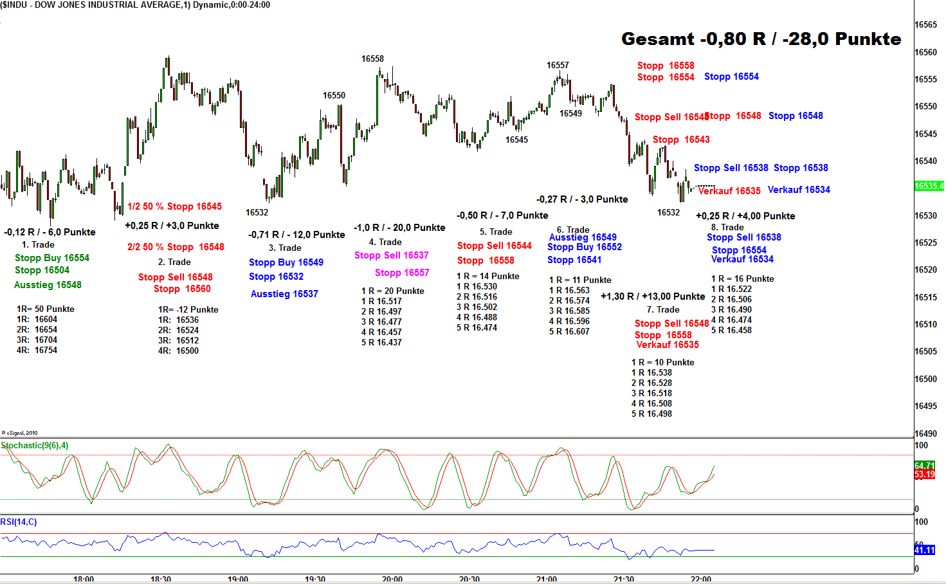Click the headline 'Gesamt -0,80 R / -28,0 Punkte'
pos(761,39)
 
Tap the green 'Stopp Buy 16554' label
pos(52,258)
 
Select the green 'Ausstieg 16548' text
pos(48,285)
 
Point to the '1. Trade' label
pos(38,244)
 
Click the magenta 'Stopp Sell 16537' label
pos(391,255)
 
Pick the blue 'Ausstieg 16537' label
pos(284,294)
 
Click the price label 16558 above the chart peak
pos(372,59)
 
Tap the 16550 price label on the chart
pos(334,95)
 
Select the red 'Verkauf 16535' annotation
pos(729,191)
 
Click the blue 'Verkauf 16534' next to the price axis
pos(799,190)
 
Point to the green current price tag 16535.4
pos(929,187)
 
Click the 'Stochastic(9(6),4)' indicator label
pos(35,445)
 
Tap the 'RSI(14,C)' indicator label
pos(19,522)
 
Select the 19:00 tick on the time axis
pos(238,579)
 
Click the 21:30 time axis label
pos(624,579)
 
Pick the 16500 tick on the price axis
pos(925,379)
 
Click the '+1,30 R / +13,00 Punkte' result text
pos(653,297)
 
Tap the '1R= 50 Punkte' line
pos(46,309)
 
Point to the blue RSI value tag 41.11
pos(925,551)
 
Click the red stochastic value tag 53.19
pos(924,475)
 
